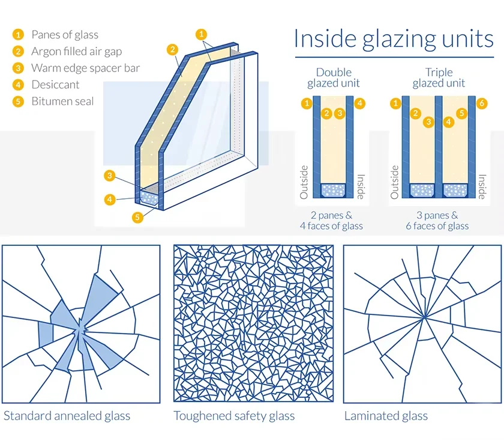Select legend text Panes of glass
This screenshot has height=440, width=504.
pyautogui.click(x=64, y=35)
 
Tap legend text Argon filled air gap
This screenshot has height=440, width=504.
pyautogui.click(x=76, y=51)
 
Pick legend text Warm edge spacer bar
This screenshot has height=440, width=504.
pyautogui.click(x=85, y=68)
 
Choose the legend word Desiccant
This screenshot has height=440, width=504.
pyautogui.click(x=55, y=85)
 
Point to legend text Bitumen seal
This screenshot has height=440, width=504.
pyautogui.click(x=62, y=101)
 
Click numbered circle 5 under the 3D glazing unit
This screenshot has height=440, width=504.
pyautogui.click(x=138, y=217)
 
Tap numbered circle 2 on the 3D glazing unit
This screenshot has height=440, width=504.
pyautogui.click(x=172, y=49)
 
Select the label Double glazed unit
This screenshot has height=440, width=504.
pyautogui.click(x=334, y=78)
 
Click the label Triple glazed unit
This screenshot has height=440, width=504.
pyautogui.click(x=439, y=78)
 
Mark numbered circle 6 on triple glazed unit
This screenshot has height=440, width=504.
pyautogui.click(x=482, y=104)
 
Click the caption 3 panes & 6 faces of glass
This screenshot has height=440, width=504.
pyautogui.click(x=437, y=220)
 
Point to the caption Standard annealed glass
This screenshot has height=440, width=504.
pyautogui.click(x=67, y=415)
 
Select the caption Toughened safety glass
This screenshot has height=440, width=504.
pyautogui.click(x=234, y=415)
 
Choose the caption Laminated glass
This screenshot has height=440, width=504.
pyautogui.click(x=386, y=415)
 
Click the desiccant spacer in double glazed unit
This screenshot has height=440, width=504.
pyautogui.click(x=334, y=191)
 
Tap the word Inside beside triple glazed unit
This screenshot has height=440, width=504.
pyautogui.click(x=481, y=186)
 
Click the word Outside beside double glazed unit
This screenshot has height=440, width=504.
pyautogui.click(x=304, y=182)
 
